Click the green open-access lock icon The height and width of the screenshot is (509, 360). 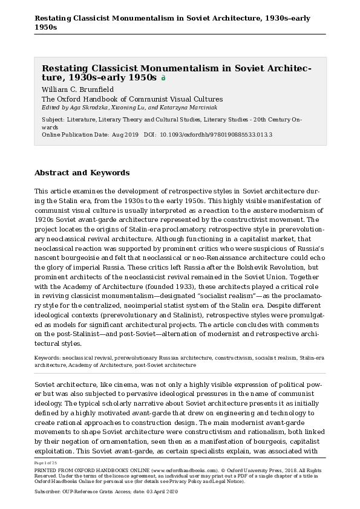pyautogui.click(x=163, y=78)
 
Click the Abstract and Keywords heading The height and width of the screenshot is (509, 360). pyautogui.click(x=82, y=172)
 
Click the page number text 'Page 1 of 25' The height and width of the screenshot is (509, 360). pyautogui.click(x=46, y=462)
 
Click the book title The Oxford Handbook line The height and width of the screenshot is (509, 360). pyautogui.click(x=132, y=99)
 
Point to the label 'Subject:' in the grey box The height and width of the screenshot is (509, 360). pyautogui.click(x=53, y=120)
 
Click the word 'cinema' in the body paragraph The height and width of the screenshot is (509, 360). pyautogui.click(x=134, y=384)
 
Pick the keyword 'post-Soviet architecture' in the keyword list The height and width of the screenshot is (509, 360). pyautogui.click(x=166, y=365)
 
